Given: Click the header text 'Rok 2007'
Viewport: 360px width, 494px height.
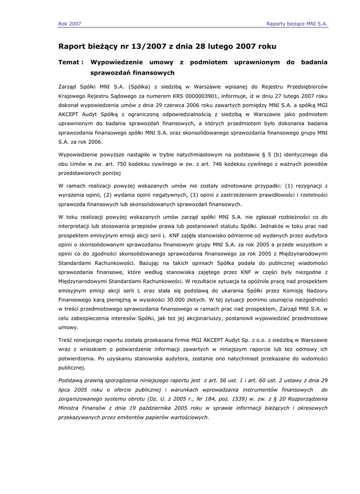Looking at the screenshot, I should [69, 23].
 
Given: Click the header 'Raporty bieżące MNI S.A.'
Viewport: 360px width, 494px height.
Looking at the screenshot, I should [297, 23].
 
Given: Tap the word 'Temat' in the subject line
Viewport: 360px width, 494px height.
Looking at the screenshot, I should [70, 62].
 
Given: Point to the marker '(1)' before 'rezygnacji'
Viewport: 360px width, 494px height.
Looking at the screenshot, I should [285, 185].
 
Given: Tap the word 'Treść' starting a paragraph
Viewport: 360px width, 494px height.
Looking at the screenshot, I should [66, 340].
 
